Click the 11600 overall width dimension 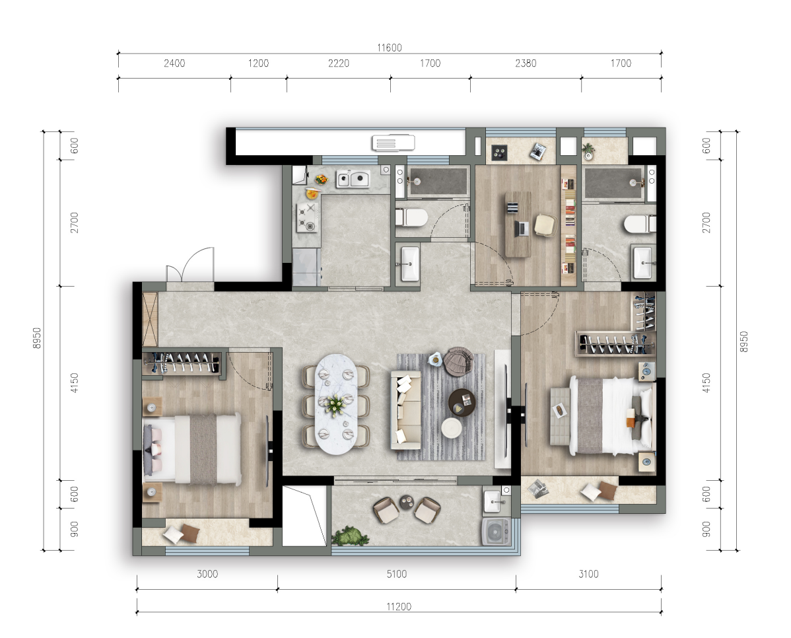tap(390, 48)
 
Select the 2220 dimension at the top tap(339, 63)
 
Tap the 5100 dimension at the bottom tap(397, 574)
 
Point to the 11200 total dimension tap(399, 606)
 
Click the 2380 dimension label tap(526, 63)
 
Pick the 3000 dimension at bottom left tap(207, 574)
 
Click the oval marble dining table tap(335, 404)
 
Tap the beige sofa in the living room tap(405, 410)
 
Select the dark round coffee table tap(462, 403)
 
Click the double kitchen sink tap(353, 179)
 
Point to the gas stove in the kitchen tap(307, 217)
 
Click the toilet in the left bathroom tap(411, 217)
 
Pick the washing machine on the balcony tap(497, 532)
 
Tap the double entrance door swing tap(190, 265)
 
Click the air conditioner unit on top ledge tap(393, 143)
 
